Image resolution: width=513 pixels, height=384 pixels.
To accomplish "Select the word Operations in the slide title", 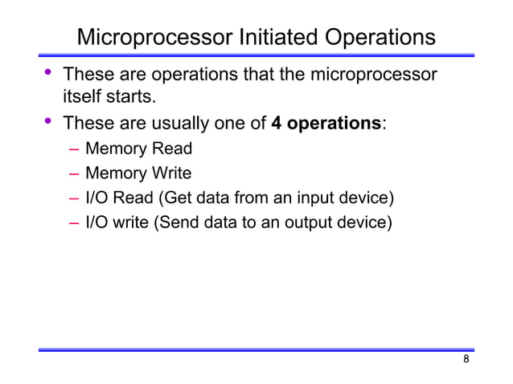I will click(x=379, y=38).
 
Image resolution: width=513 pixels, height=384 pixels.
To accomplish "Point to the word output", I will click(x=315, y=221).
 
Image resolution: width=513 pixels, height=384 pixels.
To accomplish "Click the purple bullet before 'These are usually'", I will click(x=48, y=123).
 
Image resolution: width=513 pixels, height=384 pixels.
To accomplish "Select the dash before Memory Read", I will click(x=74, y=149).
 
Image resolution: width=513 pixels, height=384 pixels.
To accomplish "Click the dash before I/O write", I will click(x=74, y=222).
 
